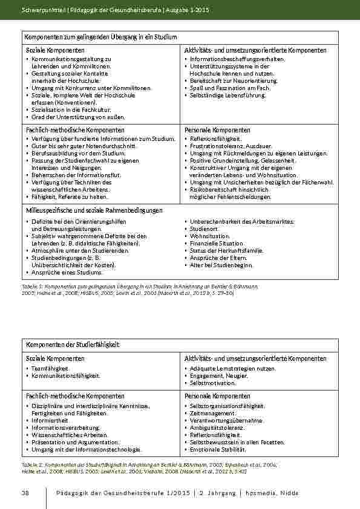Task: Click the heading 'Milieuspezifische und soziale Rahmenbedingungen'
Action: (x=94, y=210)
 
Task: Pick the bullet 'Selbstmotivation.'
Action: (x=212, y=383)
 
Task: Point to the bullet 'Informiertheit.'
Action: (x=51, y=420)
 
